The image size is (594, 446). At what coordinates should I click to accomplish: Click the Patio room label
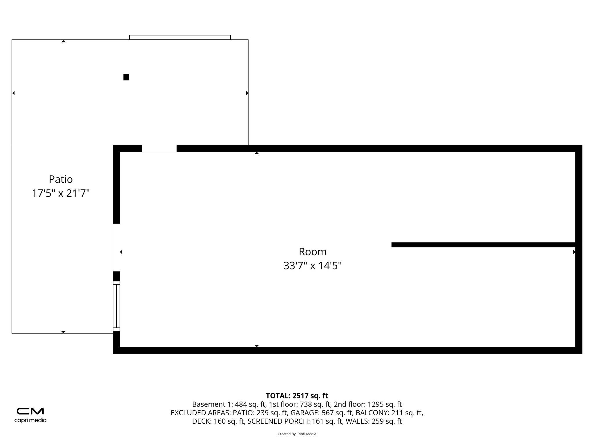tap(61, 179)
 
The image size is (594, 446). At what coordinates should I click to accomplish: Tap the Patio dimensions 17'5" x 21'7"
tap(61, 193)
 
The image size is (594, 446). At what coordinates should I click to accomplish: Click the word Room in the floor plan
tap(312, 251)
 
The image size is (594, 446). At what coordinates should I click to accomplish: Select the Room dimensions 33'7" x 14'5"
tap(312, 266)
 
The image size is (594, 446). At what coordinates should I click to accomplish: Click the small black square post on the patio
tap(126, 77)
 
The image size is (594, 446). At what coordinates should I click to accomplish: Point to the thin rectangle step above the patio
tap(180, 37)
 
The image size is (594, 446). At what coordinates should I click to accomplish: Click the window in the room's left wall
tap(116, 306)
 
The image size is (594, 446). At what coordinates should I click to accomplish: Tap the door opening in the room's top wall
tap(159, 148)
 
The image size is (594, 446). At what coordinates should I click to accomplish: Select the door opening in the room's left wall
tap(116, 247)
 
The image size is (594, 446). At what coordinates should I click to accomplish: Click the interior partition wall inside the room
tap(483, 245)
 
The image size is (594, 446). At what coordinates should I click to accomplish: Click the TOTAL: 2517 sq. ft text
tap(297, 395)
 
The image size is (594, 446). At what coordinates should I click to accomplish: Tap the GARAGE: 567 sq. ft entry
tap(321, 413)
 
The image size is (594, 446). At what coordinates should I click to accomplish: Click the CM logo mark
tap(30, 411)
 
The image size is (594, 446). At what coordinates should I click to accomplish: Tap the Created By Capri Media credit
tap(297, 434)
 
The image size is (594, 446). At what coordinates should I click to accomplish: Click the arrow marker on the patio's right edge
tap(247, 93)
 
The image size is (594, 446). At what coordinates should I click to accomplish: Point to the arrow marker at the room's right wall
tap(574, 252)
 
